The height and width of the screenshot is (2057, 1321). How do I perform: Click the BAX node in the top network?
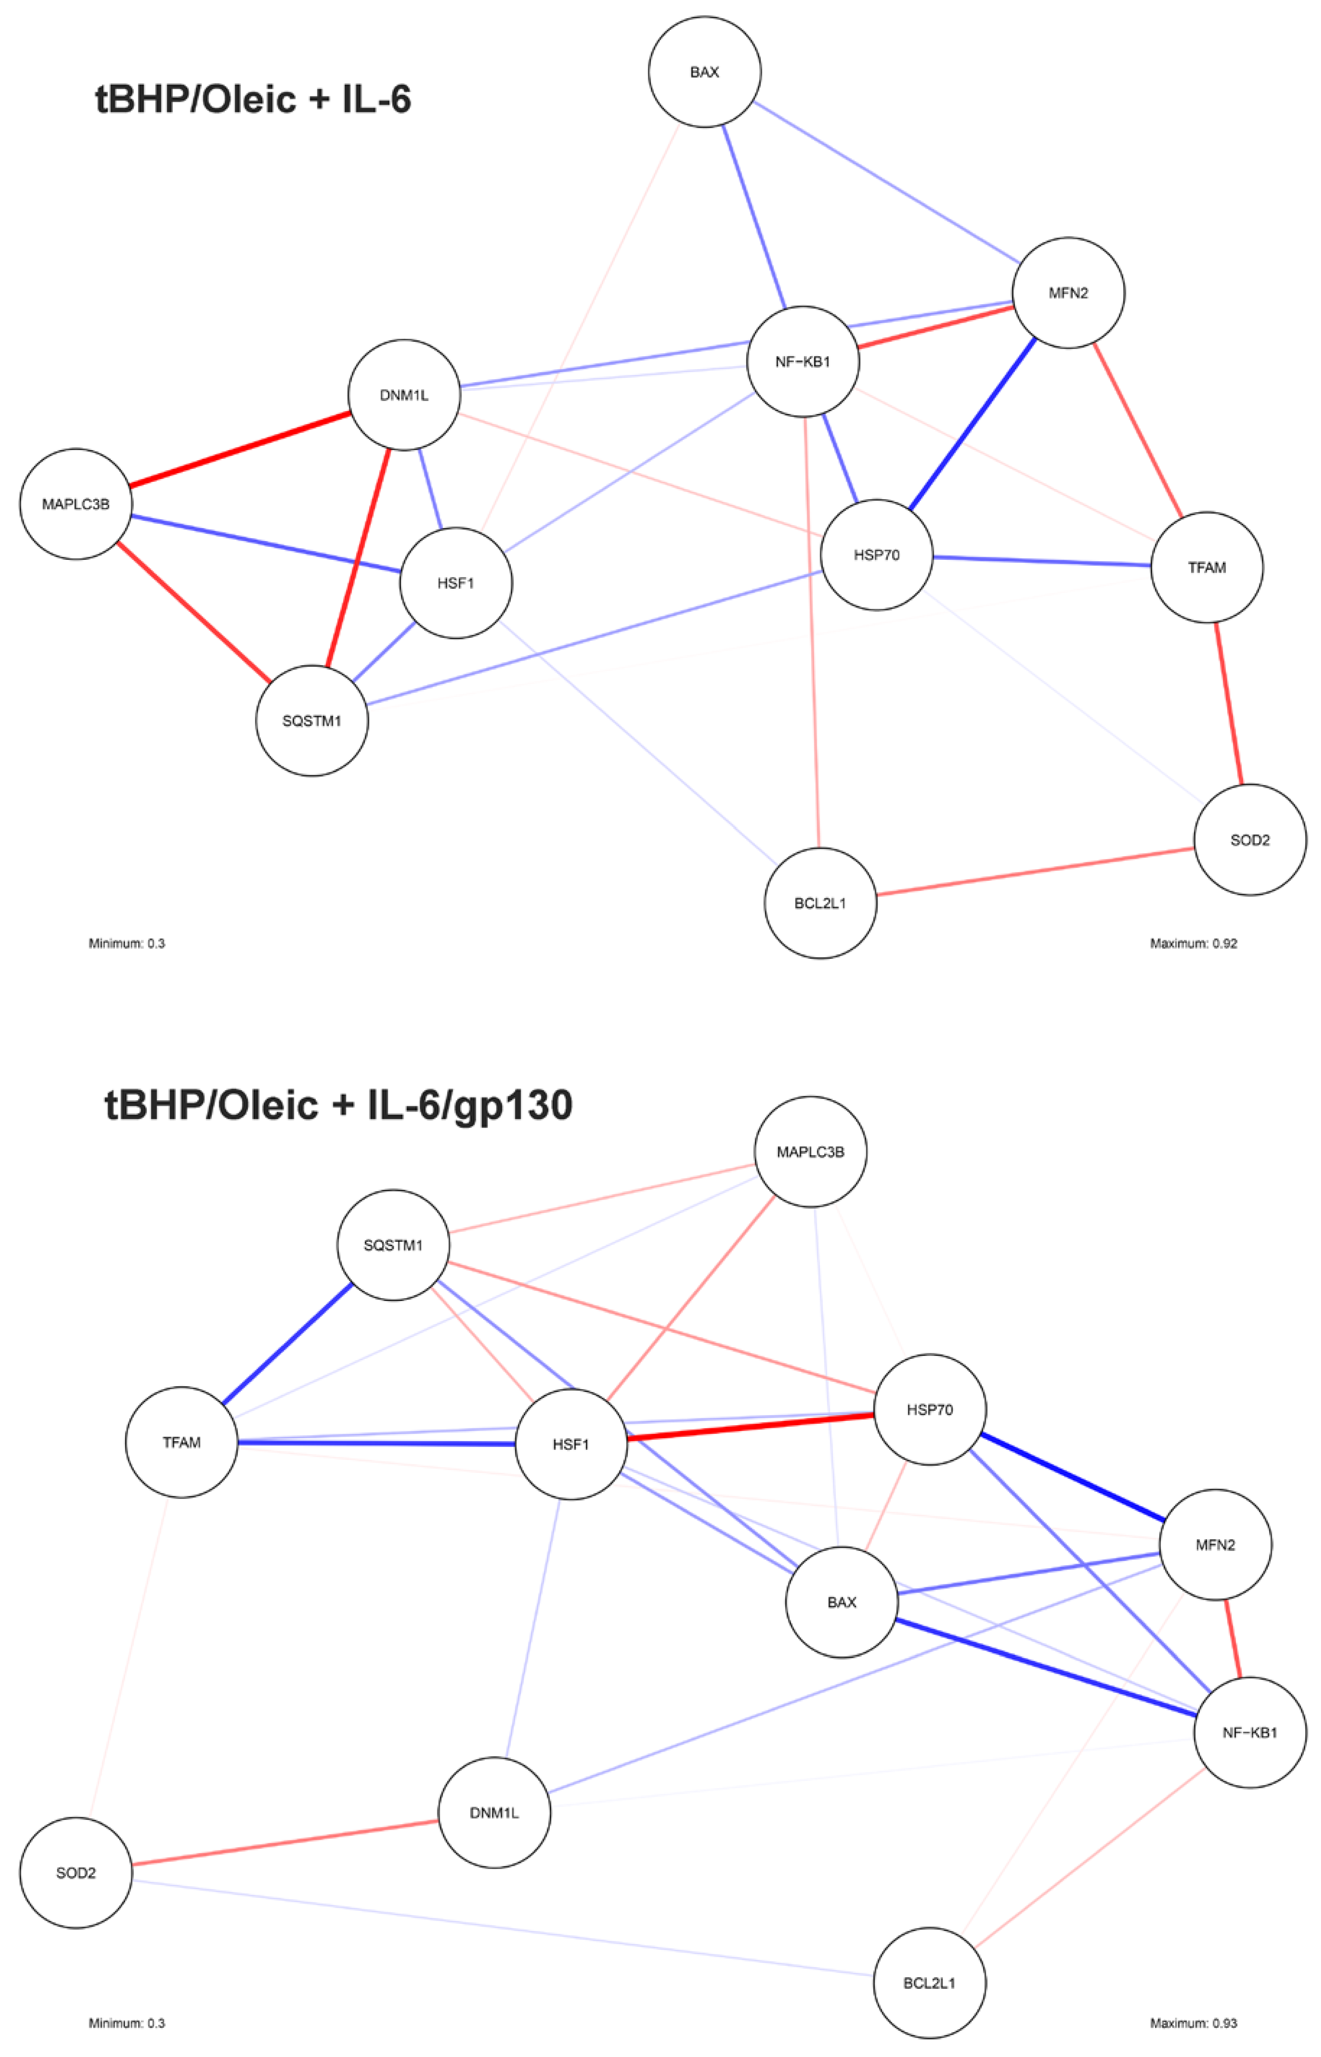coord(704,72)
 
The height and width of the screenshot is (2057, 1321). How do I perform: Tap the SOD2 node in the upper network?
coord(1250,840)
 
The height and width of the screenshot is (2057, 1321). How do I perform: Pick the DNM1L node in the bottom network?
coord(494,1812)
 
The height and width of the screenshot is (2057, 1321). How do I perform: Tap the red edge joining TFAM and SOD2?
coord(1228,703)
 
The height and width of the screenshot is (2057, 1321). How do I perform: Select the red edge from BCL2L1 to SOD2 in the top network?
coord(1035,872)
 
